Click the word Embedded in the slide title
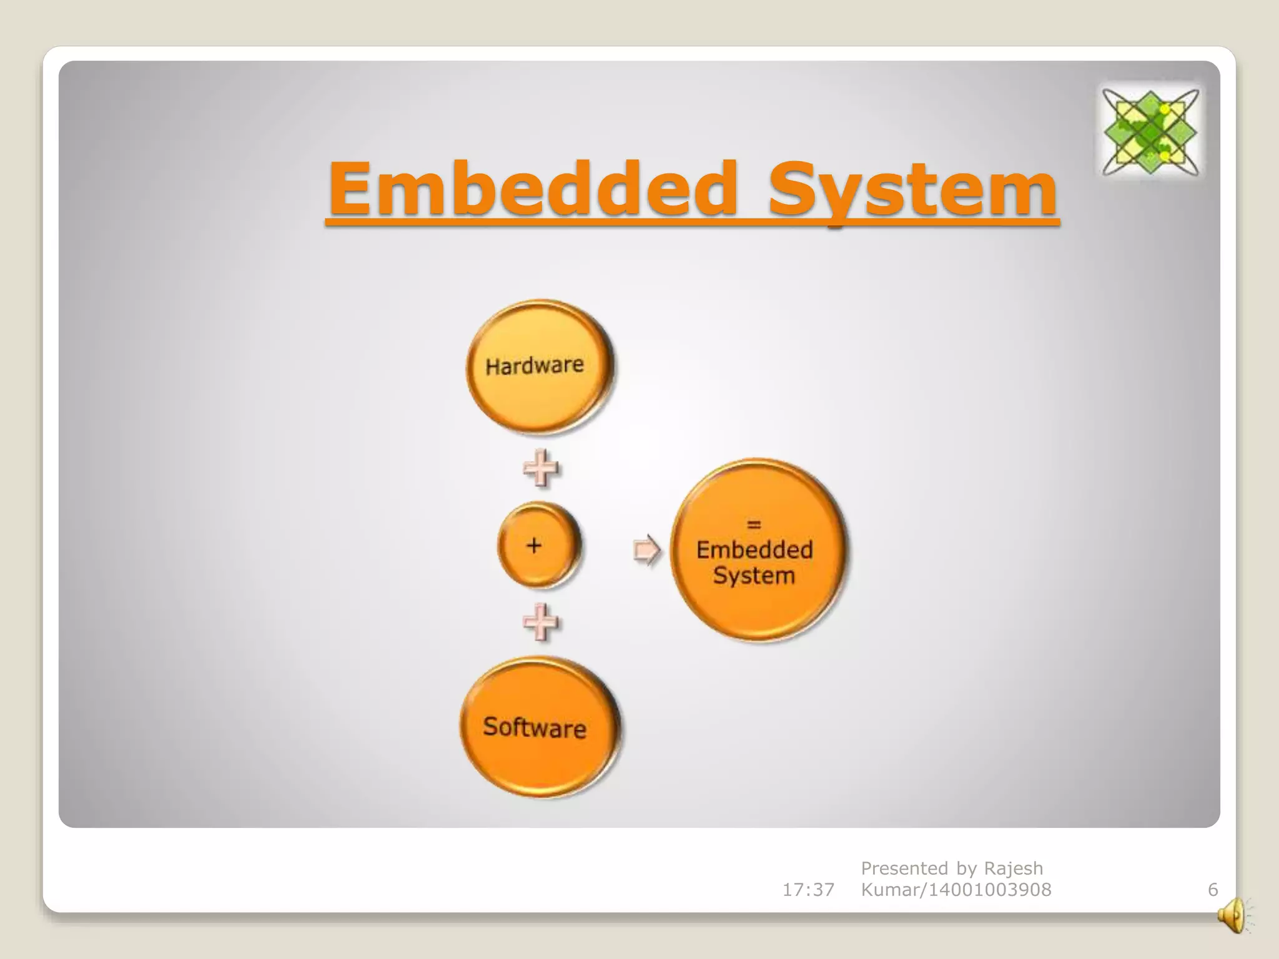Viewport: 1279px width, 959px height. [x=534, y=187]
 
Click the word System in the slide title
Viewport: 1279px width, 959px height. [x=912, y=187]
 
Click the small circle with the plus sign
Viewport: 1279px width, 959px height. [x=538, y=546]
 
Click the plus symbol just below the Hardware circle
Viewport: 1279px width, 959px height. [x=540, y=468]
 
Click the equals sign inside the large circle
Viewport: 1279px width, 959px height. [x=754, y=524]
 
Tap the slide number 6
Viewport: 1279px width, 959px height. [x=1213, y=890]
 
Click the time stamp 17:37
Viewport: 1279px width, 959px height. [x=808, y=890]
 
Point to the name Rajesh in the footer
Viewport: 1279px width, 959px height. [x=1014, y=868]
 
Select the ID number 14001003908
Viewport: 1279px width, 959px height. [x=990, y=890]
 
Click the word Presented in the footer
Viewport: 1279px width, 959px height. [x=905, y=868]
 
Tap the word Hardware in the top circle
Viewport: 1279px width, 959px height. [x=535, y=365]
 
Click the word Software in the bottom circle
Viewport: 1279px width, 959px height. [x=535, y=727]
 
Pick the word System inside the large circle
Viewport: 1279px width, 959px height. [x=754, y=576]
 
